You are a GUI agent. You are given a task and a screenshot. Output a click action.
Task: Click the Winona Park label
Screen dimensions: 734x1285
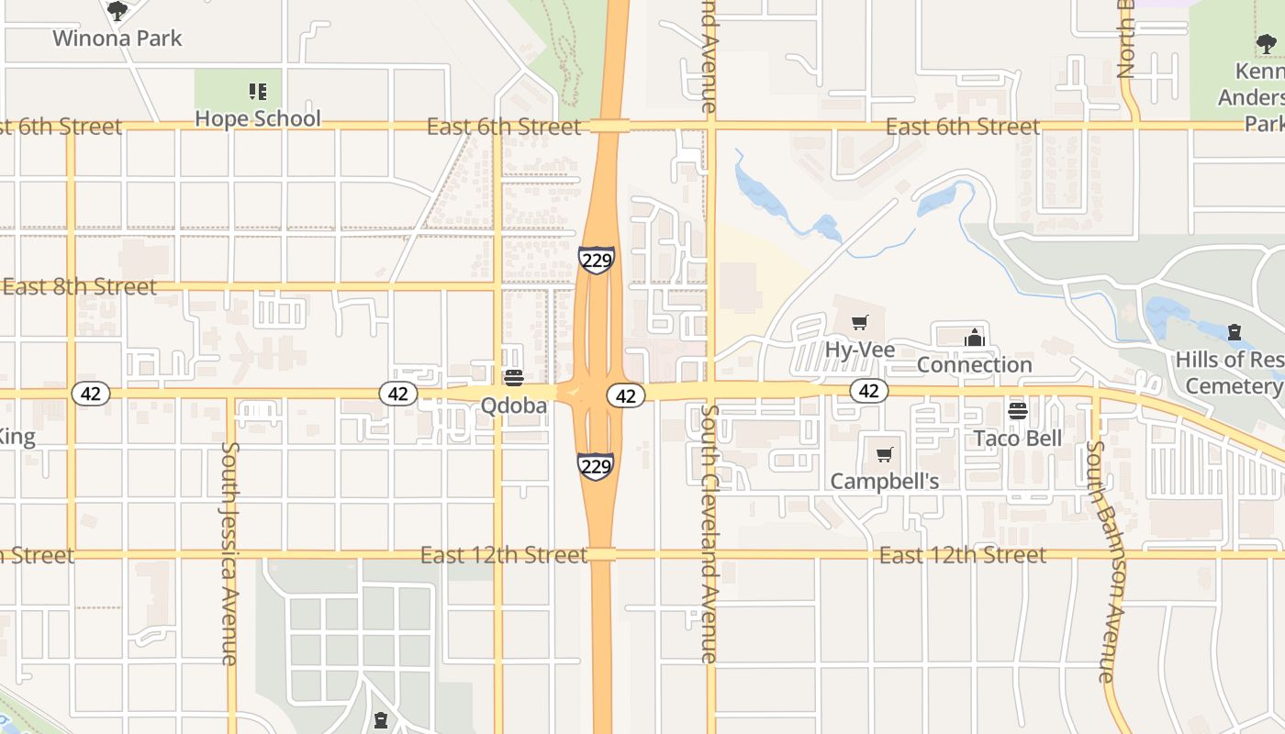tap(117, 39)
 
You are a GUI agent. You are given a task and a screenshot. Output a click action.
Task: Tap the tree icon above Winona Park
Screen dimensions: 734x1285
tap(117, 11)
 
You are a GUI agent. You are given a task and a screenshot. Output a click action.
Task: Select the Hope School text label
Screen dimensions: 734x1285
tap(258, 118)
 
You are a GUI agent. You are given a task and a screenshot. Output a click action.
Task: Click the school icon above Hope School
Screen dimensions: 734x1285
tap(258, 91)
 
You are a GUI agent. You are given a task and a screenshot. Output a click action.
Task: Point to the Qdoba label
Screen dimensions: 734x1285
tap(514, 406)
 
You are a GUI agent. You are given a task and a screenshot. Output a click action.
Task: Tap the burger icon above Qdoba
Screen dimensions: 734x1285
tap(514, 378)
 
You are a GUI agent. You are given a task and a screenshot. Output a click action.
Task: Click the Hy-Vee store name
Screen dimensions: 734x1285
tap(859, 350)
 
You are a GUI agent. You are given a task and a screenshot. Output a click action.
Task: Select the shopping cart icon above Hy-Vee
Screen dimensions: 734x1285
tap(859, 322)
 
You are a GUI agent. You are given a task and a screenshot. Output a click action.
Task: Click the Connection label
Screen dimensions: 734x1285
tap(975, 365)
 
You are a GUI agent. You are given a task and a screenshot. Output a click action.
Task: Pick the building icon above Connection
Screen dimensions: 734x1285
tap(975, 338)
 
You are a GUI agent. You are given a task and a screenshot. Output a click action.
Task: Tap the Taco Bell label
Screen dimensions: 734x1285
tap(1018, 439)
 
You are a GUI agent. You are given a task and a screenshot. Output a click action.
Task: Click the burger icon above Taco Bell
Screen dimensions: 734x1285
tap(1017, 410)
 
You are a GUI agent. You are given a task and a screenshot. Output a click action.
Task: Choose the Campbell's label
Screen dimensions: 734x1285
tap(885, 482)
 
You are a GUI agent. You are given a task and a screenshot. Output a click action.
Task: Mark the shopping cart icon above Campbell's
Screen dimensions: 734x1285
tap(885, 454)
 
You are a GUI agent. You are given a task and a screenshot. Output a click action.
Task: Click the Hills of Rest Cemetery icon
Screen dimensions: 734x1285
tap(1235, 331)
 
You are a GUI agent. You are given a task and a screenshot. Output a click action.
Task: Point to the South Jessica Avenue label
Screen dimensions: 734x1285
tap(229, 553)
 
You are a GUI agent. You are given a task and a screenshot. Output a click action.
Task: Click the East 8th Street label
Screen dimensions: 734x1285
tap(79, 287)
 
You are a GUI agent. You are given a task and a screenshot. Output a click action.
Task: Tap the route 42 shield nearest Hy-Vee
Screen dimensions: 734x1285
tap(868, 392)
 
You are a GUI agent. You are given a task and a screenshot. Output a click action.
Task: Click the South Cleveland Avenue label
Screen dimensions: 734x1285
tap(709, 532)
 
